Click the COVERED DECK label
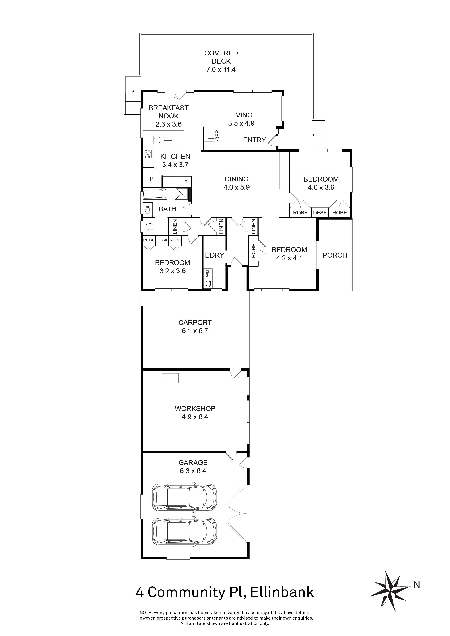(221, 57)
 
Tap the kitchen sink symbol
(163, 140)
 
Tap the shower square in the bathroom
(182, 193)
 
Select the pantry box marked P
(152, 179)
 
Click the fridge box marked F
(186, 182)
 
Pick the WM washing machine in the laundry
(207, 273)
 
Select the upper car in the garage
(184, 497)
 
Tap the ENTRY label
(254, 140)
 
